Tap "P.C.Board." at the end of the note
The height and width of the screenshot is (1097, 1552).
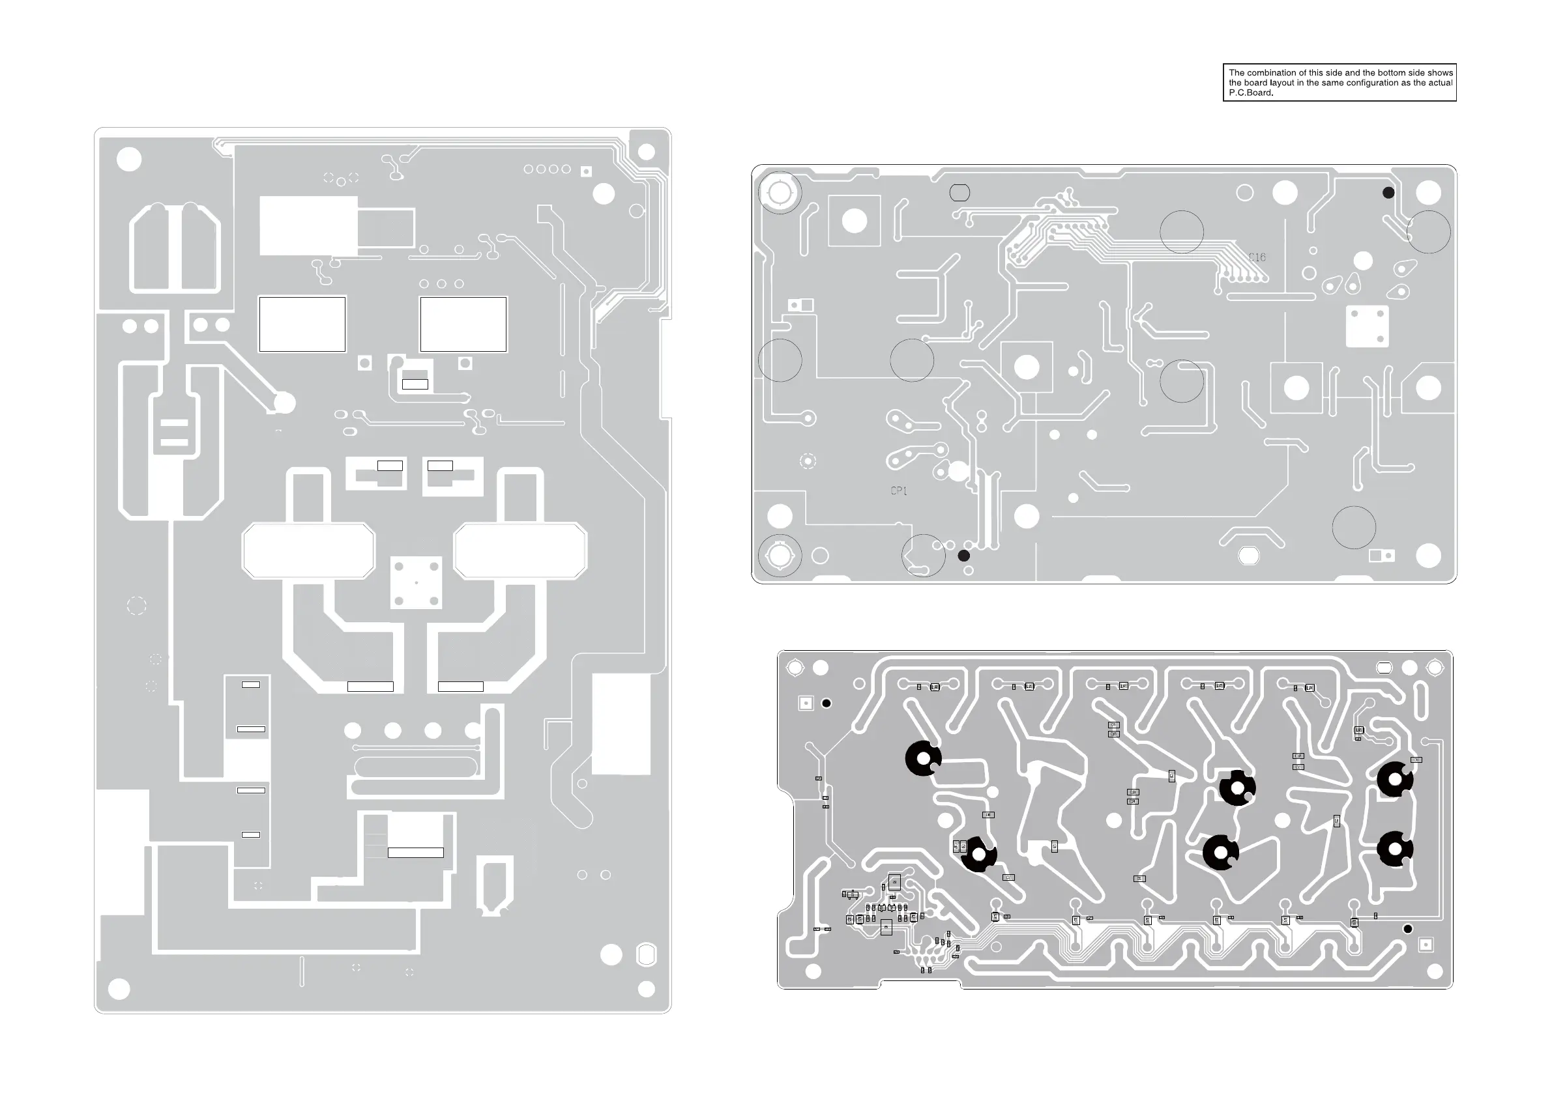(1250, 93)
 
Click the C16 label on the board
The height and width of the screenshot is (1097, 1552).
(1257, 257)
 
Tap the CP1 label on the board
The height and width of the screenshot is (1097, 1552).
(898, 491)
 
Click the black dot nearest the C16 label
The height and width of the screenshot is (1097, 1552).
(1388, 193)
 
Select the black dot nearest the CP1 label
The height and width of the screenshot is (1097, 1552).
(964, 555)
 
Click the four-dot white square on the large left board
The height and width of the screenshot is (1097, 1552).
(417, 582)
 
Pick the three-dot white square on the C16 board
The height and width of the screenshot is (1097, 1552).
(1367, 326)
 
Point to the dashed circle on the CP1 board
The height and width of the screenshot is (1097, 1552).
(808, 461)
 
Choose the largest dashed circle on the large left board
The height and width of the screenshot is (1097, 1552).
(136, 605)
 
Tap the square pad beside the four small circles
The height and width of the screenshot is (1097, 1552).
(586, 171)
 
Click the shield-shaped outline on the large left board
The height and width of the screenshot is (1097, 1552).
(495, 885)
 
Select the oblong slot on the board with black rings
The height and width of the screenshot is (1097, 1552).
(1384, 668)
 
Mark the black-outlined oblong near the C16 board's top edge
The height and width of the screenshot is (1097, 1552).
(960, 193)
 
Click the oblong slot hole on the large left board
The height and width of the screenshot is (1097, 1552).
(647, 954)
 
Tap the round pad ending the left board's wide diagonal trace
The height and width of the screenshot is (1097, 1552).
(285, 403)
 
